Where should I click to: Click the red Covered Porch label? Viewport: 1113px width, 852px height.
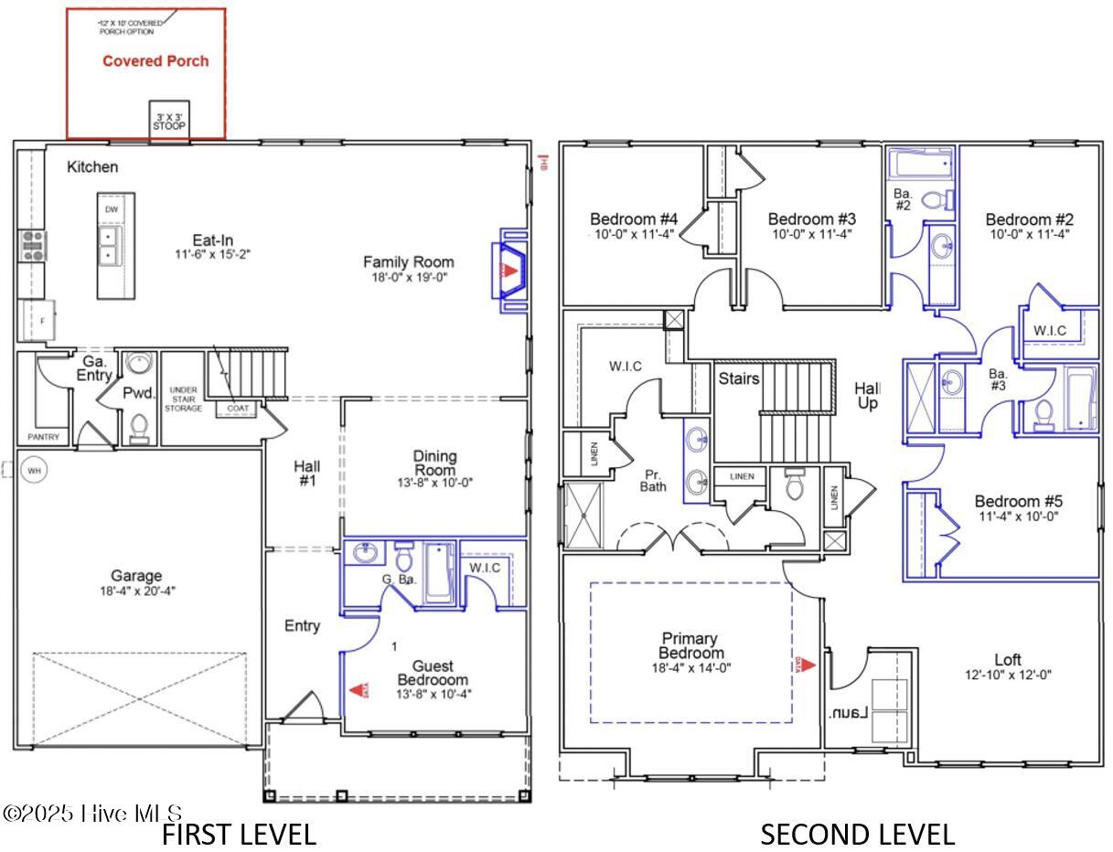pyautogui.click(x=155, y=61)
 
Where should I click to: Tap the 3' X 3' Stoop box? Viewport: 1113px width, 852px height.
pyautogui.click(x=169, y=121)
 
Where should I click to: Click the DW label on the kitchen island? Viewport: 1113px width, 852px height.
pyautogui.click(x=111, y=209)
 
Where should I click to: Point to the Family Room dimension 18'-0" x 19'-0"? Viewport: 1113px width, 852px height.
pyautogui.click(x=408, y=276)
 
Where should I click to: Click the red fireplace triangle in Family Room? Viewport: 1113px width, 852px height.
pyautogui.click(x=511, y=271)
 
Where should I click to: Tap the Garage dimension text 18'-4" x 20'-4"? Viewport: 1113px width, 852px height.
pyautogui.click(x=136, y=591)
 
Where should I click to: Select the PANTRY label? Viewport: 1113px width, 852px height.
pyautogui.click(x=43, y=437)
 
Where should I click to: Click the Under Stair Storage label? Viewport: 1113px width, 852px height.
pyautogui.click(x=183, y=399)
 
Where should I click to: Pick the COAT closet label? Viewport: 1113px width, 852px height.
pyautogui.click(x=238, y=408)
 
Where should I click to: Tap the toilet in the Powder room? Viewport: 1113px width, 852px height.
pyautogui.click(x=138, y=426)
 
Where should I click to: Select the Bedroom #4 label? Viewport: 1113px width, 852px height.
pyautogui.click(x=633, y=219)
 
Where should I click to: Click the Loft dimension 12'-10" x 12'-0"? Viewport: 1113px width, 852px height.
pyautogui.click(x=1007, y=675)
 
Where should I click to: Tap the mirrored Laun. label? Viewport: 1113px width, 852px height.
pyautogui.click(x=847, y=713)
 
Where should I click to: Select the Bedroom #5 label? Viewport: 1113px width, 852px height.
pyautogui.click(x=1018, y=502)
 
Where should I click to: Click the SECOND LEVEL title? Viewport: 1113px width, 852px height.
pyautogui.click(x=857, y=834)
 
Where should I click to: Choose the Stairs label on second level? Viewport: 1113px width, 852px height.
pyautogui.click(x=738, y=378)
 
